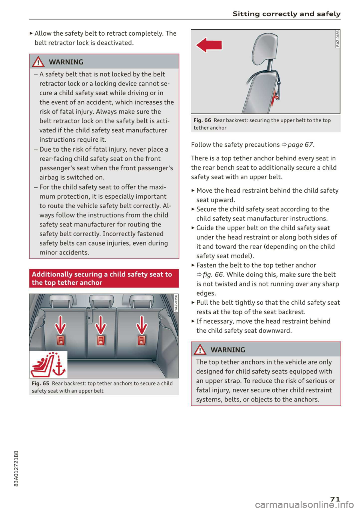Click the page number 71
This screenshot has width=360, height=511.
[335, 499]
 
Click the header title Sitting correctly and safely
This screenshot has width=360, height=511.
[286, 14]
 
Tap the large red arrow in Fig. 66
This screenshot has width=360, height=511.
[209, 45]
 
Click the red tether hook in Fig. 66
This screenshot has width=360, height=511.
[277, 93]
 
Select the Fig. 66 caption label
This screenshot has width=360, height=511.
[202, 120]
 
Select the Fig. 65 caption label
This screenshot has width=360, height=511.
[40, 384]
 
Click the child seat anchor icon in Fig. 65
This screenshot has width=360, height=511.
[48, 364]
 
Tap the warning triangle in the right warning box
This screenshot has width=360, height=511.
[200, 350]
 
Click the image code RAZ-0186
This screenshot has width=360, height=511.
[337, 39]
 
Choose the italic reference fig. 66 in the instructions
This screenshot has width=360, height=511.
[213, 275]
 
